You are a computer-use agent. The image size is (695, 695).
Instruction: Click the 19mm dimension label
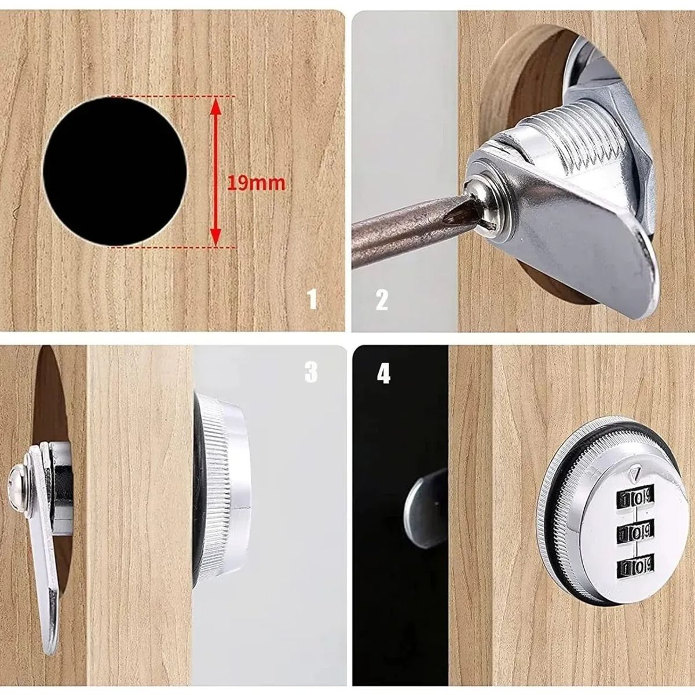click(256, 183)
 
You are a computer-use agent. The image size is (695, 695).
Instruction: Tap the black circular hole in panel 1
click(116, 171)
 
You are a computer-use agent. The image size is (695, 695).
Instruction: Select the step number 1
click(313, 300)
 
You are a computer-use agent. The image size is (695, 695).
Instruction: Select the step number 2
click(382, 300)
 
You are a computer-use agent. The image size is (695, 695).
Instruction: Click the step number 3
click(311, 373)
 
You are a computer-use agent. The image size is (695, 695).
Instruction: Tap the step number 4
click(383, 374)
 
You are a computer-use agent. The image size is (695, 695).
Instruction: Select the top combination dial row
click(634, 497)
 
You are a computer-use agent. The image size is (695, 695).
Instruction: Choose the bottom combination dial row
click(634, 562)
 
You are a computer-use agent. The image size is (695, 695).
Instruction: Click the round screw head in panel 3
click(16, 476)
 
